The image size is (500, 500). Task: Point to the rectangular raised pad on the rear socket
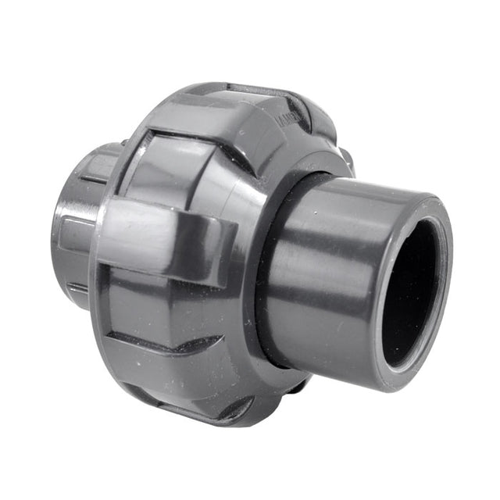click(x=78, y=234)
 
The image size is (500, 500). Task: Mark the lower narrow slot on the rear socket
click(x=78, y=289)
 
